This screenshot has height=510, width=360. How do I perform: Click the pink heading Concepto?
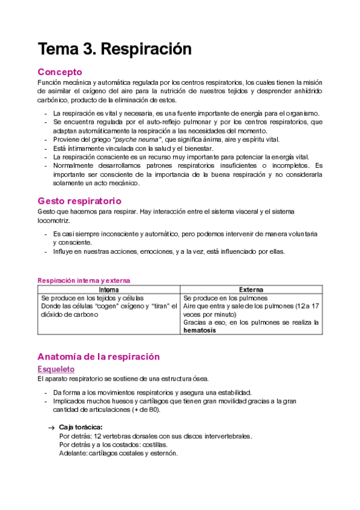(x=59, y=72)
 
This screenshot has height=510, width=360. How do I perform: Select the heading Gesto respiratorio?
(x=79, y=201)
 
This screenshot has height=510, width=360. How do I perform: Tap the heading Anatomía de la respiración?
(x=99, y=356)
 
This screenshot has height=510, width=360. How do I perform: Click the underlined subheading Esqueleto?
(x=56, y=369)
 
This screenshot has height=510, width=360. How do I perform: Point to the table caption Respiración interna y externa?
(x=84, y=280)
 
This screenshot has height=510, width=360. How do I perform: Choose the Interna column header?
(x=109, y=290)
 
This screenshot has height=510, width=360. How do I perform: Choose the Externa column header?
(x=251, y=290)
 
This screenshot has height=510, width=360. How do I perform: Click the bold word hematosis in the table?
(x=201, y=330)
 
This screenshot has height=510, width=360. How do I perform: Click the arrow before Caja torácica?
(x=51, y=427)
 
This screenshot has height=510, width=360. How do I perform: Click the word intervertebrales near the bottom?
(x=222, y=436)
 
